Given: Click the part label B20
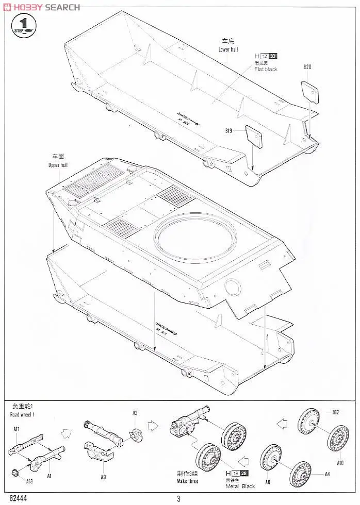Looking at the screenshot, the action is pyautogui.click(x=308, y=66).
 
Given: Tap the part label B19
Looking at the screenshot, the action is pyautogui.click(x=228, y=131).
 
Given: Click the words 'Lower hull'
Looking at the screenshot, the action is pyautogui.click(x=228, y=49).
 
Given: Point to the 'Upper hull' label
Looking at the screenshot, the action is pyautogui.click(x=58, y=165).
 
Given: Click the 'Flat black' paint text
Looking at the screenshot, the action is pyautogui.click(x=266, y=69).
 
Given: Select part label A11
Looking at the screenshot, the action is pyautogui.click(x=16, y=429).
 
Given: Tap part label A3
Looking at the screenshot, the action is pyautogui.click(x=135, y=413).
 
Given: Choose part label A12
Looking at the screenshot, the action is pyautogui.click(x=335, y=412).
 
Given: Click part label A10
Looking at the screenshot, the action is pyautogui.click(x=340, y=463).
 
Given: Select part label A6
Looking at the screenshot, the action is pyautogui.click(x=267, y=482).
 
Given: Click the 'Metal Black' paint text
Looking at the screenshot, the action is pyautogui.click(x=240, y=486).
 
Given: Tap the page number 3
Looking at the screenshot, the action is pyautogui.click(x=178, y=498).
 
